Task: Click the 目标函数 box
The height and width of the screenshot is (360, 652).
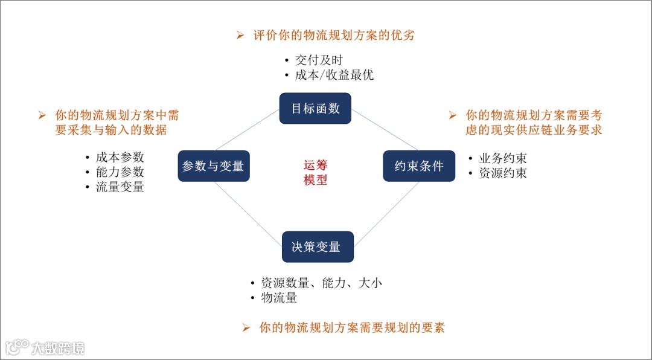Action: pyautogui.click(x=315, y=109)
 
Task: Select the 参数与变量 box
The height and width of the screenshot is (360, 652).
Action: pyautogui.click(x=213, y=166)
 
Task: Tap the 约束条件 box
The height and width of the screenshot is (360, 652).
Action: pyautogui.click(x=419, y=166)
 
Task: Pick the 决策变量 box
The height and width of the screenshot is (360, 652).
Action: pyautogui.click(x=318, y=246)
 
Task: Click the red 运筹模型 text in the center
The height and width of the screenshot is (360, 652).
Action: pyautogui.click(x=315, y=172)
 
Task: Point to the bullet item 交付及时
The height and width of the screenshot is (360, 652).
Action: pyautogui.click(x=319, y=60)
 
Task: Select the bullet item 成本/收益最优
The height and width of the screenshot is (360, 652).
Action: pyautogui.click(x=334, y=75)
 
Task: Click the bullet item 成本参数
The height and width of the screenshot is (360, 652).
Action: pyautogui.click(x=120, y=157)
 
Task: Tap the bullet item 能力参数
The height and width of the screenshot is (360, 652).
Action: pyautogui.click(x=120, y=172)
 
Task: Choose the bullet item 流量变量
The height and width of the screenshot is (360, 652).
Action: pyautogui.click(x=120, y=187)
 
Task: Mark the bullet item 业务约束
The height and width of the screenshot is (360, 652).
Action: pyautogui.click(x=503, y=158)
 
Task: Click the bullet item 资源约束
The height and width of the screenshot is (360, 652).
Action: pyautogui.click(x=503, y=173)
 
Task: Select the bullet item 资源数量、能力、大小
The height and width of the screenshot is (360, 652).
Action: pyautogui.click(x=321, y=283)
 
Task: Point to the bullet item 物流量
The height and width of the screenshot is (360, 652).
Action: pyautogui.click(x=279, y=298)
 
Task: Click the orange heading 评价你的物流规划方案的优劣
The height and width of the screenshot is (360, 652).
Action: pyautogui.click(x=334, y=36)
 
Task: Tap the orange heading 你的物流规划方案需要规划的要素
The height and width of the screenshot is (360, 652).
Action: pyautogui.click(x=352, y=328)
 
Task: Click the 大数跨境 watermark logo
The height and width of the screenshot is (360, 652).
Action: pyautogui.click(x=45, y=347)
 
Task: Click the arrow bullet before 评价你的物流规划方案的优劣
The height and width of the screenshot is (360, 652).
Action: pyautogui.click(x=240, y=36)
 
